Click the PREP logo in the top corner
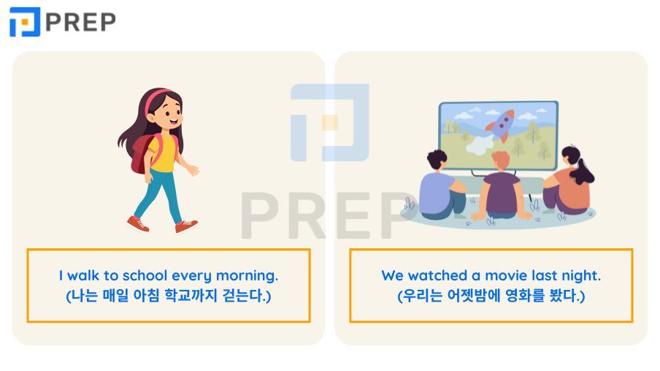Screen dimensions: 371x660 (62, 22)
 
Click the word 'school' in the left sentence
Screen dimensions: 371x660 (145, 276)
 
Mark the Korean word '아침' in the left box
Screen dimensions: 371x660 (148, 297)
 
